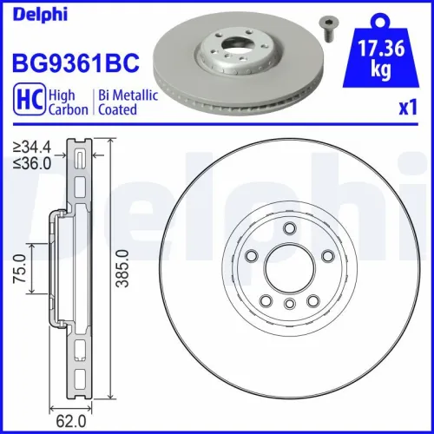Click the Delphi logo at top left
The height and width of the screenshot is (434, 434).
tap(31, 11)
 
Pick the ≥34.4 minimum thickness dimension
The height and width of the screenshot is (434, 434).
tap(32, 148)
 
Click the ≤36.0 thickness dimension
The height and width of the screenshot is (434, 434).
tap(32, 161)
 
